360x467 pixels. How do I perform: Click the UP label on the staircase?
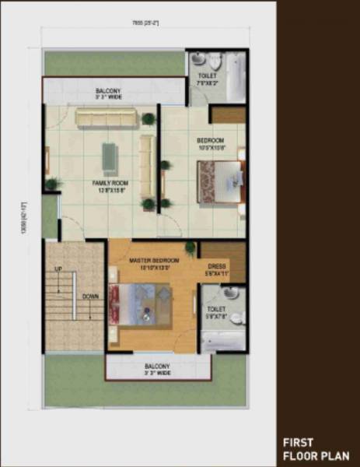[x=58, y=269]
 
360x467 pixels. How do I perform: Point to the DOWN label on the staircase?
[x=90, y=296]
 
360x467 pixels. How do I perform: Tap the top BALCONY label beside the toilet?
[x=108, y=92]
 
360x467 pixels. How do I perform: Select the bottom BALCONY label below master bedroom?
[x=158, y=367]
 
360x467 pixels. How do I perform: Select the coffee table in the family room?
[x=111, y=159]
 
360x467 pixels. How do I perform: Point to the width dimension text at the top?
[x=145, y=23]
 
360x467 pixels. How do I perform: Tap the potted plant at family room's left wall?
[x=52, y=184]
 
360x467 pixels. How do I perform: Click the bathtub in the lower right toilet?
[x=222, y=340]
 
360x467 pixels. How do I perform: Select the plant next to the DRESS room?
[x=190, y=248]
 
